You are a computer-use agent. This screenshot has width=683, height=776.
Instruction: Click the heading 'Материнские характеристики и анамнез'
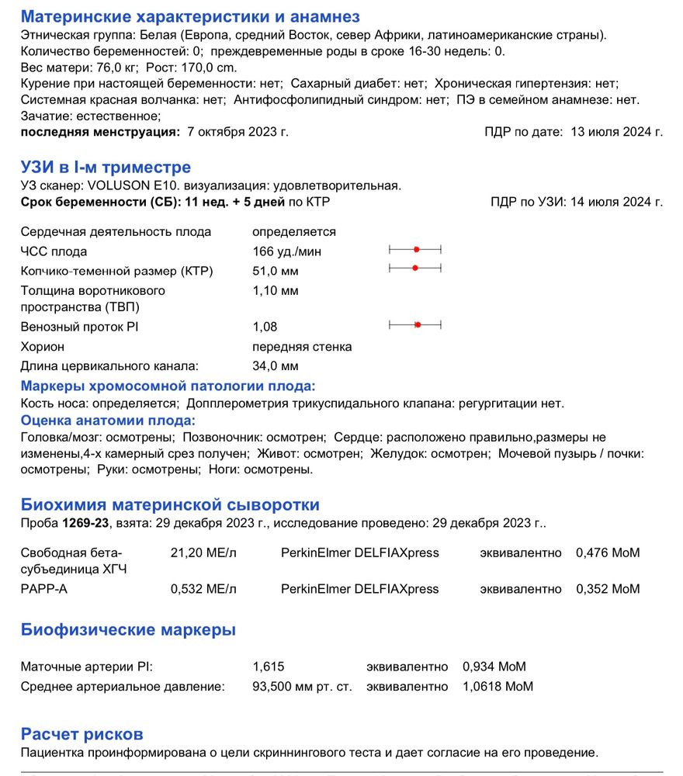coord(190,17)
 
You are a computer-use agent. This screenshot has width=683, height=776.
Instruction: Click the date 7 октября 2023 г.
coord(238,132)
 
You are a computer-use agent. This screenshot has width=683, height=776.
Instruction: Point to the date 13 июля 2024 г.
coord(616,132)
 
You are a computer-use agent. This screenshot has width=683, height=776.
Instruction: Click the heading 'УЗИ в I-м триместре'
coord(106,168)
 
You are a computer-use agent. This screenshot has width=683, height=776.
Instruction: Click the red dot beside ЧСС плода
coord(417,249)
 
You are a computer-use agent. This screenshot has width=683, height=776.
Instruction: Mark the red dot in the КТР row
coord(415,268)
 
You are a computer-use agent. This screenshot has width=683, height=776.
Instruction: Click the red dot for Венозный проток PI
coord(418,324)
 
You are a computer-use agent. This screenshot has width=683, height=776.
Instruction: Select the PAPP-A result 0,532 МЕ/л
coord(203,589)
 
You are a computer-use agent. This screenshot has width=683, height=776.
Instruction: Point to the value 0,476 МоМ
coord(608,553)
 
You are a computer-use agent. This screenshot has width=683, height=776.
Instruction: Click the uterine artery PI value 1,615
coord(269,667)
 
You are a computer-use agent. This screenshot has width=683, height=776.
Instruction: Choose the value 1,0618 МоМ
coord(498,687)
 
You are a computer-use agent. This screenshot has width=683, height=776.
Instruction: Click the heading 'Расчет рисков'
coord(82,734)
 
